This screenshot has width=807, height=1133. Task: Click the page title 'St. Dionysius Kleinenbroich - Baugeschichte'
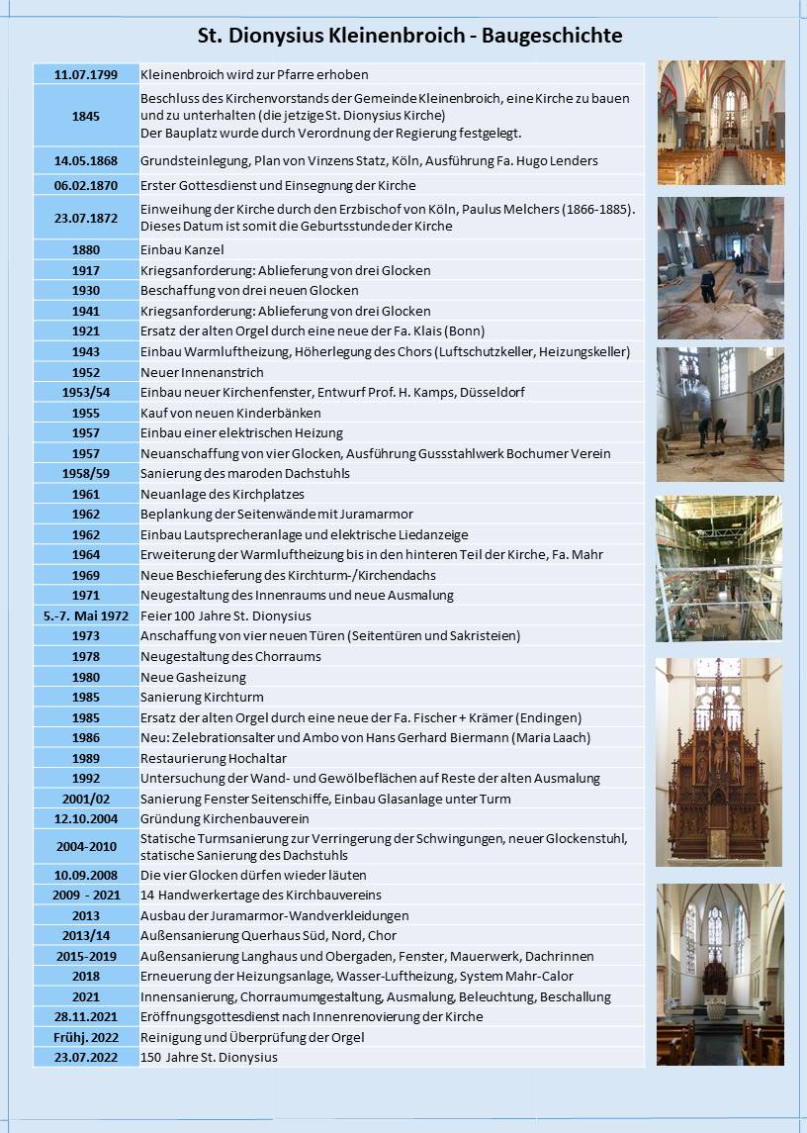point(410,37)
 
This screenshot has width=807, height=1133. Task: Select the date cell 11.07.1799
point(86,74)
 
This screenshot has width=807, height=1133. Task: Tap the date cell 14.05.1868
point(86,160)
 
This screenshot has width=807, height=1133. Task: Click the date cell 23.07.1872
point(86,218)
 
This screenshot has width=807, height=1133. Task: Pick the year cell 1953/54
point(86,392)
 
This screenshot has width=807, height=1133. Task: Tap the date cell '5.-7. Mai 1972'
point(86,615)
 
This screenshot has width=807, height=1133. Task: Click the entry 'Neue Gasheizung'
point(193,677)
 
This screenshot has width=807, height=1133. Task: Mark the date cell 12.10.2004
point(86,818)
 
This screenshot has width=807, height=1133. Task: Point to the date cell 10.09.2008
point(86,875)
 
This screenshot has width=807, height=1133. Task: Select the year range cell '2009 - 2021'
point(86,895)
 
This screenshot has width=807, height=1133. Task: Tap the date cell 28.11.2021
point(86,1016)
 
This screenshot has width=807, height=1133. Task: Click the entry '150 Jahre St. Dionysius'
point(209,1057)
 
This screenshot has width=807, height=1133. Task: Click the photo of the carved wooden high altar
point(719,762)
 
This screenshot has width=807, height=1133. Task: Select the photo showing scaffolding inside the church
point(719,568)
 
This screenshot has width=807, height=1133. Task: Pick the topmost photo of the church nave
point(721,123)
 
